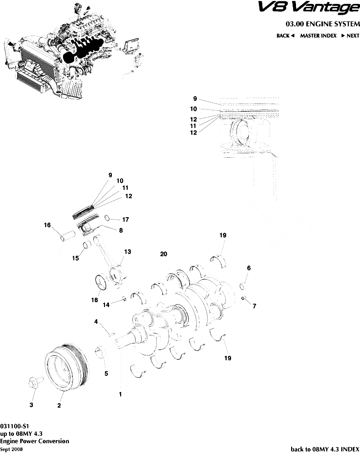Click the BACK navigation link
[285, 36]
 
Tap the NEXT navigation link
[350, 36]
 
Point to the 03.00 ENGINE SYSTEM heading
[322, 23]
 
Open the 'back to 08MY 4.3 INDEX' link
[325, 449]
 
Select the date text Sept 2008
[11, 449]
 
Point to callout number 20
[164, 254]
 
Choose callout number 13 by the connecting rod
[127, 252]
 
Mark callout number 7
[254, 306]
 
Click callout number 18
[94, 300]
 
